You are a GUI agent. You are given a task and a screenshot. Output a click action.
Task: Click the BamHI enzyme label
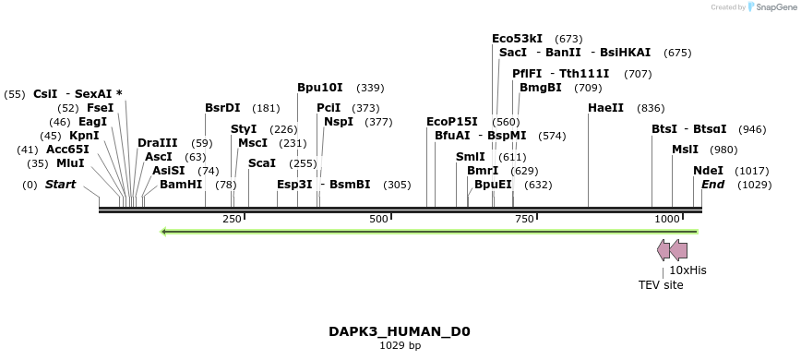180,185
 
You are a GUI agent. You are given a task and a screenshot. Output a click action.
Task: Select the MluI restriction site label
69,163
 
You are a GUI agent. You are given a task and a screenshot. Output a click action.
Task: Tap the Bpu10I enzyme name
319,88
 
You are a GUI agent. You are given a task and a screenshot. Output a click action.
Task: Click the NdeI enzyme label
708,171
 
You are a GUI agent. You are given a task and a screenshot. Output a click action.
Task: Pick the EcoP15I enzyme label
452,122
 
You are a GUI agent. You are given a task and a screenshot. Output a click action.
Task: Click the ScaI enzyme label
262,163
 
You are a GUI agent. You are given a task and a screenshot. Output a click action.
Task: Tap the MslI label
685,150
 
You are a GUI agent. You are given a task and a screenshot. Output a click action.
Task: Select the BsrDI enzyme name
222,108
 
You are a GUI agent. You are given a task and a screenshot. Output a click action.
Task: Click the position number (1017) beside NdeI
751,172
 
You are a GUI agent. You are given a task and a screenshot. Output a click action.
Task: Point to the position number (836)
651,108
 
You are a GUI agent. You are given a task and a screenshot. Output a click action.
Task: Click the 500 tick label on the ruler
378,219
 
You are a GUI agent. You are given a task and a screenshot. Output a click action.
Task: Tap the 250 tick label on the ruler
232,219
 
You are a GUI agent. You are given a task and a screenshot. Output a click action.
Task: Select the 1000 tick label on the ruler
667,219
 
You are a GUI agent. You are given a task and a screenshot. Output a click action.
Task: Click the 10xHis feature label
687,270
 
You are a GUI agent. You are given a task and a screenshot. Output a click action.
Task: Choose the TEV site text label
661,285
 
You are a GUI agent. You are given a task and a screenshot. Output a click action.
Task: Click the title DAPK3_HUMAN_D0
400,331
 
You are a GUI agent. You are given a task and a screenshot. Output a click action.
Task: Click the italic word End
712,185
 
